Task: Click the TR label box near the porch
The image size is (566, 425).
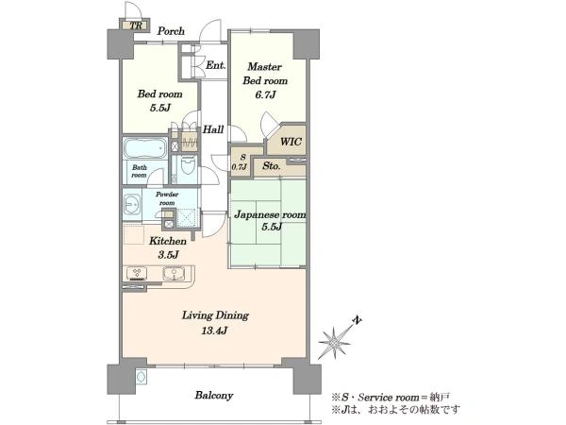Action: pos(136,25)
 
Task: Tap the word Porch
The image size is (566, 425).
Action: pos(171,31)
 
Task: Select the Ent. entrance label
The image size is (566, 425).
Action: pos(216,65)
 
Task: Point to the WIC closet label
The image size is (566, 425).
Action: pos(291,142)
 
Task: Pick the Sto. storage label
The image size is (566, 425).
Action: pos(272,166)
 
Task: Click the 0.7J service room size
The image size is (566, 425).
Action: pos(239,166)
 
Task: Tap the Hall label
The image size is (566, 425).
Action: pos(213,129)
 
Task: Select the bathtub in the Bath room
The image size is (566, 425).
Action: pos(145,148)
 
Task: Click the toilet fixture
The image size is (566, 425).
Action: pos(188,166)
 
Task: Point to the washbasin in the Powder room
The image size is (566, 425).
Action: pos(132,205)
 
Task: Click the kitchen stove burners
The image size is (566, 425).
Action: pos(137,274)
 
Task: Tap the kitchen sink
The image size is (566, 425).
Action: pos(174,274)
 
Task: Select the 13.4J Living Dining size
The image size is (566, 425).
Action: pos(215,330)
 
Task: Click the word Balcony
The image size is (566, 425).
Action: pos(214,395)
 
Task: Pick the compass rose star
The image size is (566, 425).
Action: pos(334,340)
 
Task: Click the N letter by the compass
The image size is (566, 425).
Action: pos(357,320)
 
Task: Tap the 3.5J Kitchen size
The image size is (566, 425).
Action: pos(168,255)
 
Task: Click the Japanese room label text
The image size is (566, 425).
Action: pos(270,214)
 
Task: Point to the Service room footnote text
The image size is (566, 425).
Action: pos(391,398)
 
